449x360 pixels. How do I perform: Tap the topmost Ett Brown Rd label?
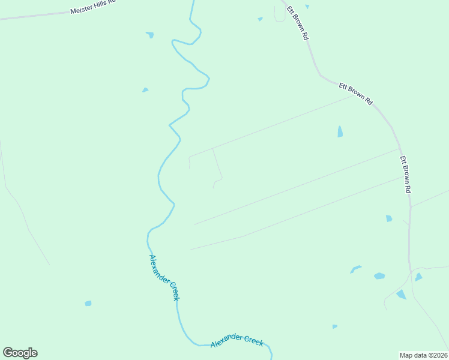tap(297, 23)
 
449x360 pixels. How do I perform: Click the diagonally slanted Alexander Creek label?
tap(164, 277)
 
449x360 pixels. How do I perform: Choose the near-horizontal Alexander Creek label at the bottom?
tap(237, 340)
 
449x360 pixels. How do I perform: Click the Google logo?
tap(20, 352)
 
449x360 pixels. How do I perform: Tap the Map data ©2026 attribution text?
tap(423, 355)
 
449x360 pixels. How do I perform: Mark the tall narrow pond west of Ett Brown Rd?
tap(340, 131)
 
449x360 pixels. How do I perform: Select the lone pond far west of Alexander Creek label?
tap(88, 304)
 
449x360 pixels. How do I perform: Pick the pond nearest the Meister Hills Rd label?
tap(149, 35)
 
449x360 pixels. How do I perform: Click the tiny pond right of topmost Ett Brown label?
tap(307, 7)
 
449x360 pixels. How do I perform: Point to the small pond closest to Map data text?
tap(334, 326)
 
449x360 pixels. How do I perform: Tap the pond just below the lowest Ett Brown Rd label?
tap(389, 218)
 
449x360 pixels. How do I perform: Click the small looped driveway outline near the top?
tap(280, 14)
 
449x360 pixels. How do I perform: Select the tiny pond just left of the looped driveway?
tap(260, 19)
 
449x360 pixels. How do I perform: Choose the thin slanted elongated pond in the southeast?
tap(356, 269)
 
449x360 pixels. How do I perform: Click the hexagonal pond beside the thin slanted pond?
tap(379, 276)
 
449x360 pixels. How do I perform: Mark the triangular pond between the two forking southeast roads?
tap(400, 294)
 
